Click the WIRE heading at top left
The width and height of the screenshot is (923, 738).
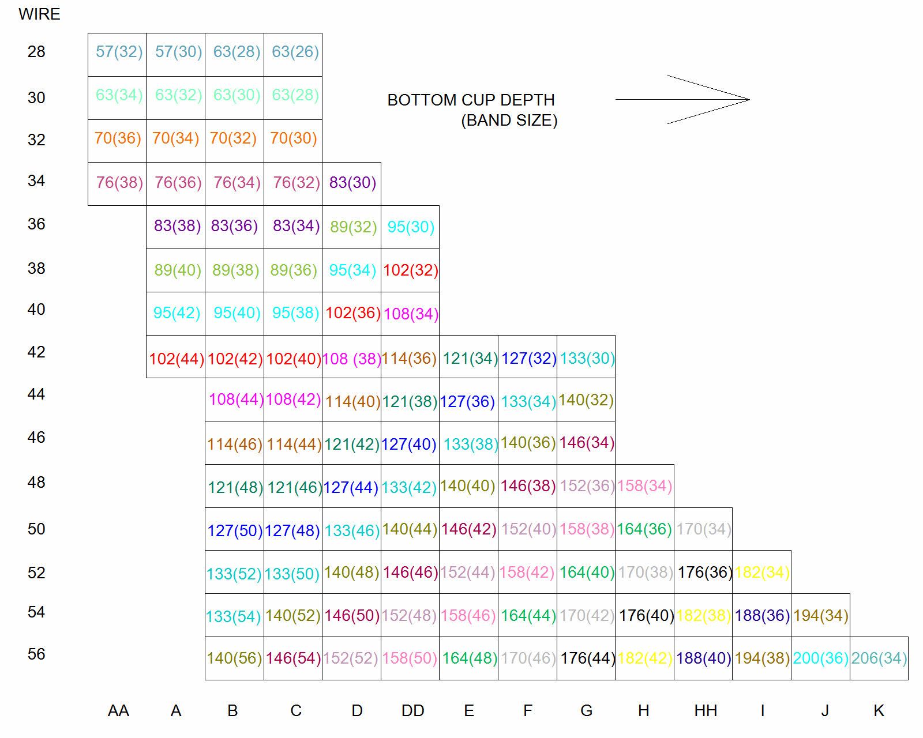click(x=39, y=14)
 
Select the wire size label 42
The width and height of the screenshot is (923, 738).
click(x=36, y=352)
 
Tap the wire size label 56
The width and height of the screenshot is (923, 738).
click(x=36, y=654)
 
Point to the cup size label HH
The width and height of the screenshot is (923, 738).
click(x=706, y=711)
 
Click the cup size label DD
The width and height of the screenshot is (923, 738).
click(x=412, y=711)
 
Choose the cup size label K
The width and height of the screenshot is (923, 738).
click(x=879, y=711)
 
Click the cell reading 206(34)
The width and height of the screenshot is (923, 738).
click(x=879, y=658)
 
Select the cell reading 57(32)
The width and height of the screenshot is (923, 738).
click(x=119, y=52)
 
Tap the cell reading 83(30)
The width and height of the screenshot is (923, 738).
click(x=352, y=183)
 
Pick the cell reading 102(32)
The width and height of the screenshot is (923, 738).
click(x=411, y=270)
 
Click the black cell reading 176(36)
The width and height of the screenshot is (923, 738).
click(x=704, y=572)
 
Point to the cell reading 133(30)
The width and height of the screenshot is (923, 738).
click(x=587, y=358)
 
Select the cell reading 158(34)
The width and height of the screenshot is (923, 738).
click(x=644, y=486)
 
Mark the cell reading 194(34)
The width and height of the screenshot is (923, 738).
click(x=820, y=616)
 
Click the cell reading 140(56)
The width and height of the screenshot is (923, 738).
click(x=234, y=658)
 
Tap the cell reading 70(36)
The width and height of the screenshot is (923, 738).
click(x=118, y=138)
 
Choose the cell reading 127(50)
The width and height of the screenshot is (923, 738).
click(x=235, y=530)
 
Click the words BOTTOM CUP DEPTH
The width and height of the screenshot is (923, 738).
click(x=471, y=100)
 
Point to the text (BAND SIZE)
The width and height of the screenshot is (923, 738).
click(x=509, y=121)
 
